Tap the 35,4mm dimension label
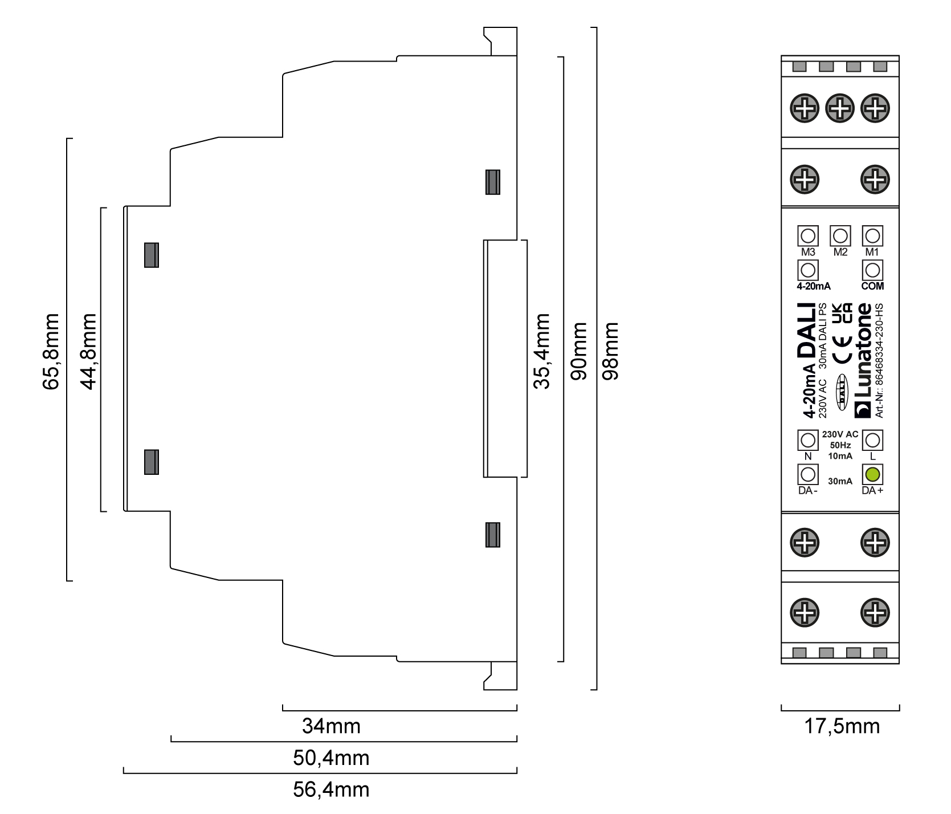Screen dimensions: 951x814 coord(541,351)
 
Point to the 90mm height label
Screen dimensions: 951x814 coord(578,352)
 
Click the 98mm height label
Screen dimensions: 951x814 coord(610,352)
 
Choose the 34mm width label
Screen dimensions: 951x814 coord(331,726)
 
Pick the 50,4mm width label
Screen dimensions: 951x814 coord(331,758)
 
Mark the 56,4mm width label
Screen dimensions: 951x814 coord(331,789)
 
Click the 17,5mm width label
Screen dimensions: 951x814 coord(842,726)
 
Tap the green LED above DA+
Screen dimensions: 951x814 coord(873,474)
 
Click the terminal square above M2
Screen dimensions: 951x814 coord(840,235)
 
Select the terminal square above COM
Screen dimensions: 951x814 coord(872,270)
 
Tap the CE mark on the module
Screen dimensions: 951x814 coord(843,349)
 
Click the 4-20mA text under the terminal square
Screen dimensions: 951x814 coord(813,286)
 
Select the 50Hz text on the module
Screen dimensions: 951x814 coord(840,445)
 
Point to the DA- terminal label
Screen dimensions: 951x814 coord(808,491)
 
